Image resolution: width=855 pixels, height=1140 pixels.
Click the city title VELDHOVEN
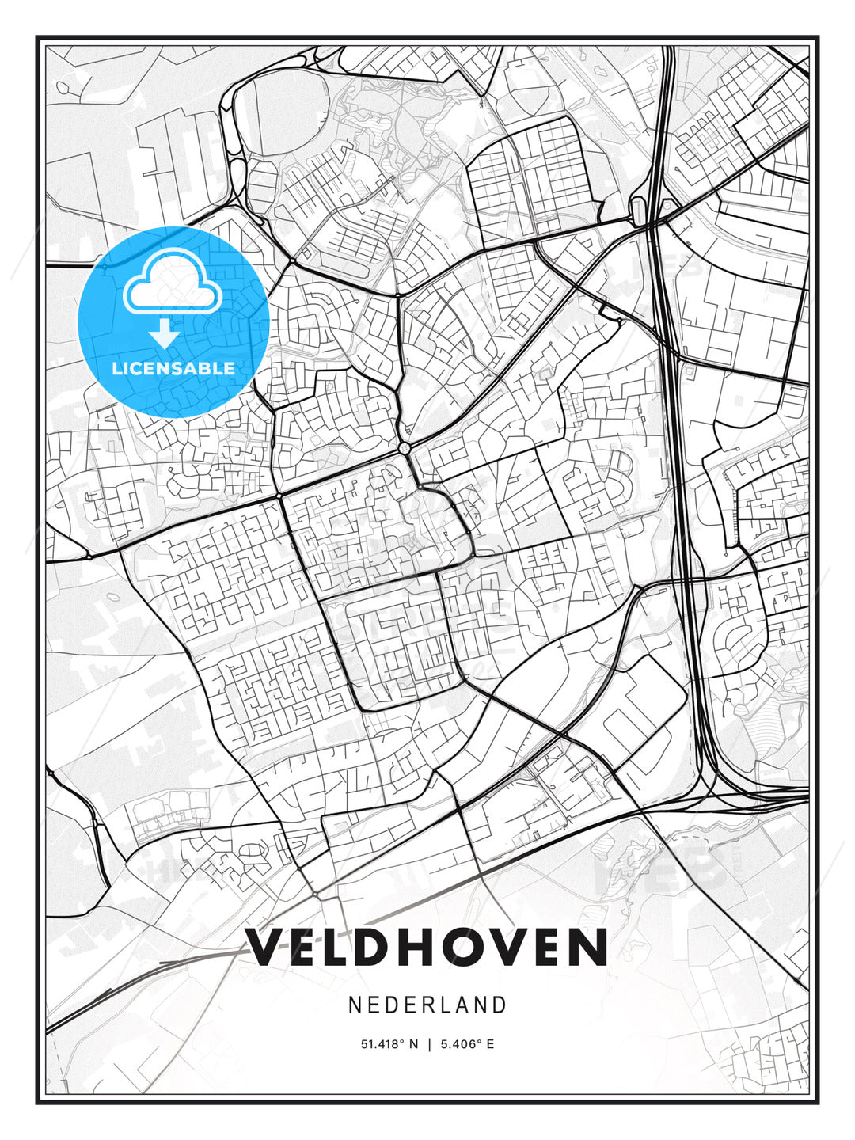pos(427,948)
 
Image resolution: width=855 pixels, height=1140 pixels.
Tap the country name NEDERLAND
pos(427,1005)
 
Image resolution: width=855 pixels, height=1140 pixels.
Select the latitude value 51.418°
pos(382,1044)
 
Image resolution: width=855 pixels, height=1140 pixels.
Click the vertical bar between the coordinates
pos(429,1044)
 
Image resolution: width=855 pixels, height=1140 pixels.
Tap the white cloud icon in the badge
pos(171,281)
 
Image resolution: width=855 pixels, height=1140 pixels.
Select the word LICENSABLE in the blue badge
pos(173,368)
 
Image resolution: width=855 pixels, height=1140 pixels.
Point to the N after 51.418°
pos(412,1044)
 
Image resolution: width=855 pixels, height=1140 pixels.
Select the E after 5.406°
pos(491,1044)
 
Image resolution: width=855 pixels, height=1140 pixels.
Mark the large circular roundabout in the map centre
pos(405,449)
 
